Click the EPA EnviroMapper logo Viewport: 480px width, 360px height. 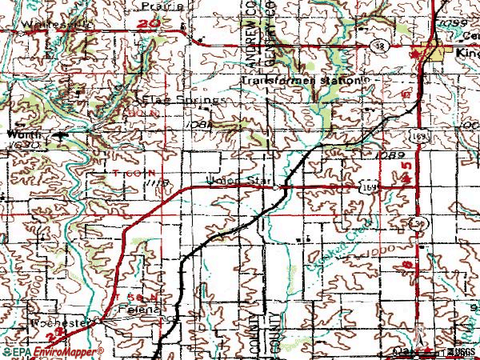(53, 352)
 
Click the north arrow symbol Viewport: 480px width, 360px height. (419, 330)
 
